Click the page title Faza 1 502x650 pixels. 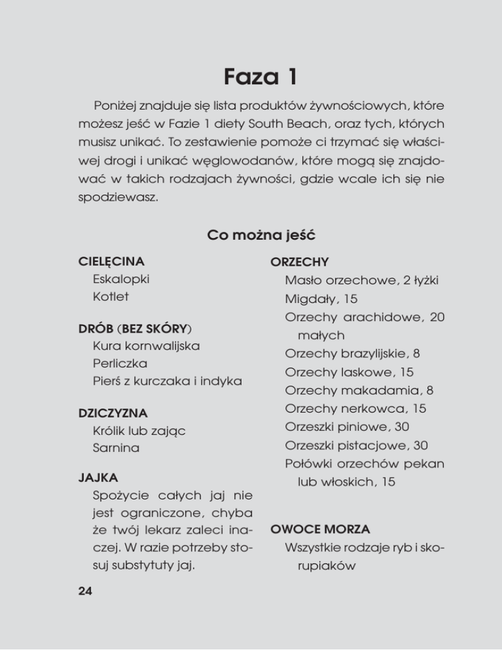251,76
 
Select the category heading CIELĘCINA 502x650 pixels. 111,262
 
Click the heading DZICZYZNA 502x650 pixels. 113,413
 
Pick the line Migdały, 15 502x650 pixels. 320,299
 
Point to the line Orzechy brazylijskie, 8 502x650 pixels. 352,354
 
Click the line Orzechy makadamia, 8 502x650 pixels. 360,390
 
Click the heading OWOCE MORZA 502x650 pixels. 320,528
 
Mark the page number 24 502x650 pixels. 85,592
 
